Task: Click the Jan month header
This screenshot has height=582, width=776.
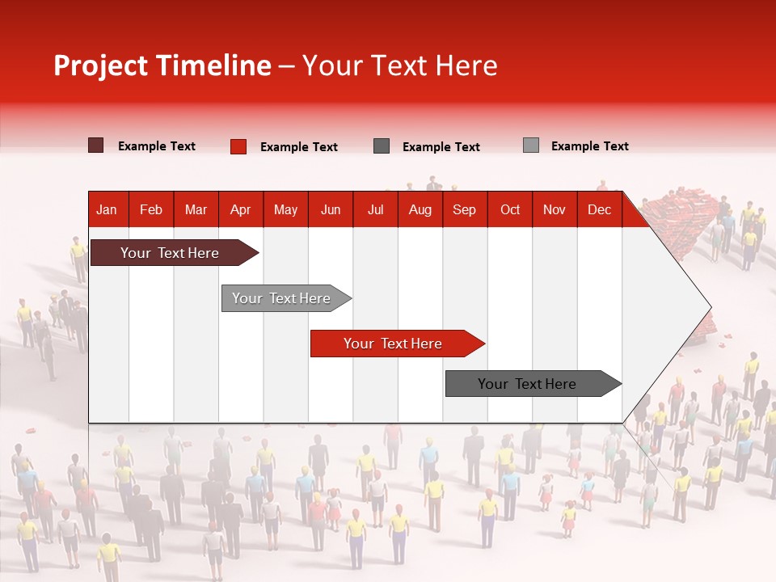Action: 107,210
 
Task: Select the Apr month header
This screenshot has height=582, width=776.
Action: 241,210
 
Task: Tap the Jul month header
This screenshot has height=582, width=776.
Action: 376,210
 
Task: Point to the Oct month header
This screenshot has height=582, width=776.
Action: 510,210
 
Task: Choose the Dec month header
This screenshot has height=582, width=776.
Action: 599,210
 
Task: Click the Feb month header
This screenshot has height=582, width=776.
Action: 151,210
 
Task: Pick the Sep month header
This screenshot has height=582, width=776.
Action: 464,210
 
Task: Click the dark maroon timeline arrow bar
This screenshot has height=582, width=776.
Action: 175,253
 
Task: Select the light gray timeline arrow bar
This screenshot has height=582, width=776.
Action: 286,298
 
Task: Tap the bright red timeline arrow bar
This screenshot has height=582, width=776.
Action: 398,344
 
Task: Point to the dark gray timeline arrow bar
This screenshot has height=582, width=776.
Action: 533,383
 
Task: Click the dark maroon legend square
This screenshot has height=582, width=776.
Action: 95,145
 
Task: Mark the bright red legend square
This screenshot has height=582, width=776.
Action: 238,146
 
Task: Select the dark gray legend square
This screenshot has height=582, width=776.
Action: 382,146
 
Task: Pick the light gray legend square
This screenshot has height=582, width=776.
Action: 531,145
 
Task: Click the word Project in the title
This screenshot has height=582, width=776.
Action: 101,66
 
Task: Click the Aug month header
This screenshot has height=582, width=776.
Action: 420,210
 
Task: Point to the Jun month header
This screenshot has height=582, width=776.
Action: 331,210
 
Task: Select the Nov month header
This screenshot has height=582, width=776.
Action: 555,210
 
